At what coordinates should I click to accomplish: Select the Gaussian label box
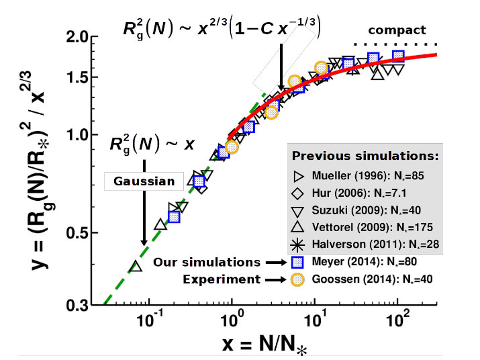[144, 181]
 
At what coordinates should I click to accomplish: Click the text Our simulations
[205, 262]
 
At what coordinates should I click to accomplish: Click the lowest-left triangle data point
[136, 267]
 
